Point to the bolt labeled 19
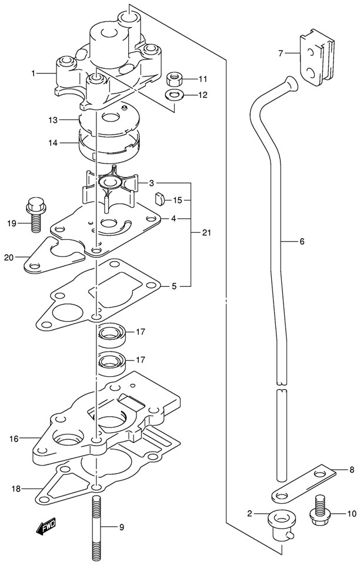(x=35, y=215)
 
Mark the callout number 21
(x=206, y=232)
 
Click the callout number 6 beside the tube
(x=302, y=242)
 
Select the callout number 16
(x=14, y=439)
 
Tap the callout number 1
(x=33, y=73)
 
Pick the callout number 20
(x=9, y=258)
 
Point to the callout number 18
(x=15, y=489)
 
